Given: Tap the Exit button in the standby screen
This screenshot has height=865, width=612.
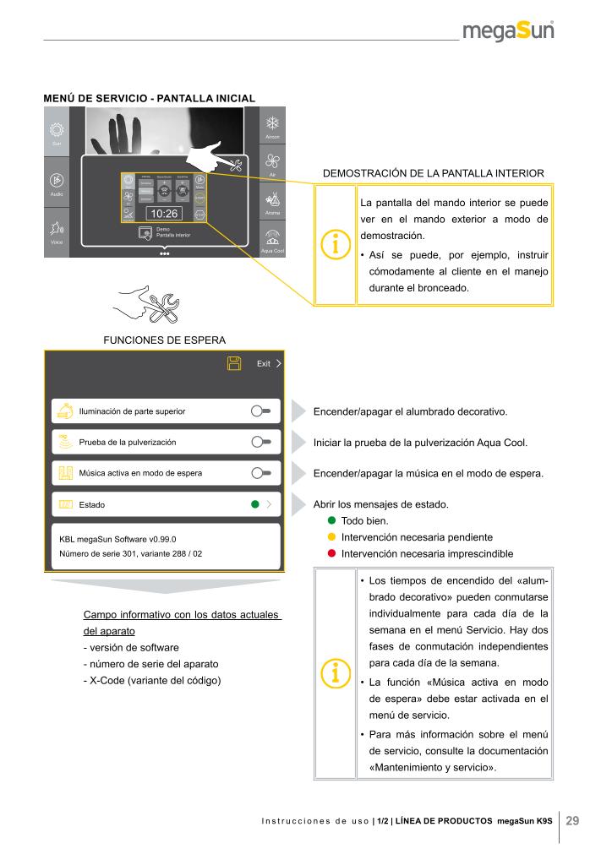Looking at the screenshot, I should coord(269,363).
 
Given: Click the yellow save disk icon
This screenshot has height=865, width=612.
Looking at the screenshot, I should coord(234,363).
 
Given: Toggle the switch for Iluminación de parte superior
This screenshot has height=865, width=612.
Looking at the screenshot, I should coord(260,411).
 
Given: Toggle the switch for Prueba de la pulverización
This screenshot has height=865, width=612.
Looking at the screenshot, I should coord(260,442).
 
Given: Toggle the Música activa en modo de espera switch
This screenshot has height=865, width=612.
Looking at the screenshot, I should coord(260,473).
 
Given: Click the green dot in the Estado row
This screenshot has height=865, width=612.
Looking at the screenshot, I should coord(253,504).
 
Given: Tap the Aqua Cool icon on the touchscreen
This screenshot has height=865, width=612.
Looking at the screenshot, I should coord(272,238).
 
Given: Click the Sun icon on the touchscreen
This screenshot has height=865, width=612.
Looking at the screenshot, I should coord(56,131).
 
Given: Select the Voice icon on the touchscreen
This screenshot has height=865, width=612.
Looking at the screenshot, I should coord(56,230).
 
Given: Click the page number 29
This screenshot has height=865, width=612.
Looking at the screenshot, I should coord(571,820).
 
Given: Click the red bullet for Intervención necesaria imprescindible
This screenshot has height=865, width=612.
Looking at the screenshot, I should coord(332,553).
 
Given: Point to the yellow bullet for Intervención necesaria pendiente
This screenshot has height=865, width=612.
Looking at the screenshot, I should coord(332,537).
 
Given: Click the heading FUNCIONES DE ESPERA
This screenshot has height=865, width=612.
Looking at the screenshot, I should coord(164,340).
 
